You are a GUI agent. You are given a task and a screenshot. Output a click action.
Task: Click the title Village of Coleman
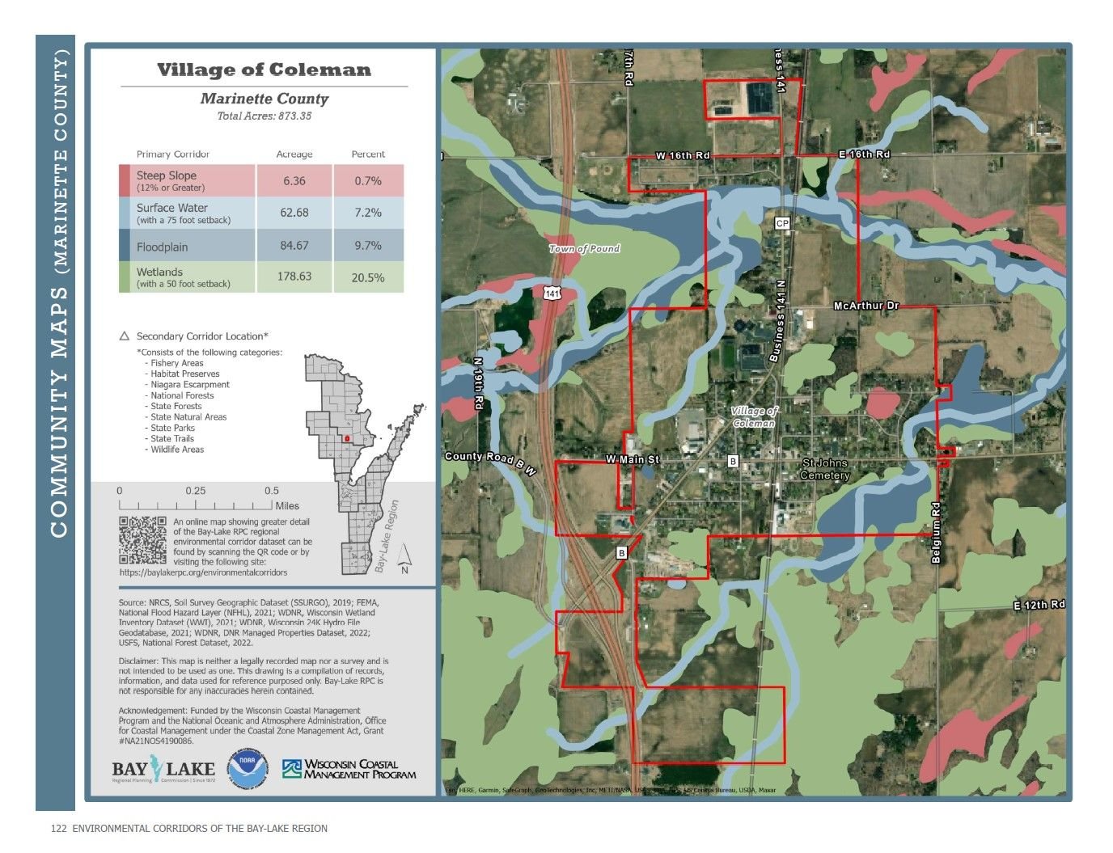pos(264,70)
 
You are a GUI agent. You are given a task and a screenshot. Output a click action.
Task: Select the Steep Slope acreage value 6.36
pos(294,181)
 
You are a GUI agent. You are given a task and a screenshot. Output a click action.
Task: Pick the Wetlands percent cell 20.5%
pos(368,277)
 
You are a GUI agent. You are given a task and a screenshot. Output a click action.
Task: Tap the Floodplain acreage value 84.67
pos(294,246)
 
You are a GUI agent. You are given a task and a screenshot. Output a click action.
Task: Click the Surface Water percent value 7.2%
pos(368,213)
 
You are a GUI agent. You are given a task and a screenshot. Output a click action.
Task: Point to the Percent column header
pos(368,154)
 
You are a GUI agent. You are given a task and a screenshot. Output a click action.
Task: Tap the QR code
pos(143,540)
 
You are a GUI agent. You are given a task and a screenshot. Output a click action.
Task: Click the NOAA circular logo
pos(247,769)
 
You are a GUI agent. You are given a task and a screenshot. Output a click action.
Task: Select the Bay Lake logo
pos(163,771)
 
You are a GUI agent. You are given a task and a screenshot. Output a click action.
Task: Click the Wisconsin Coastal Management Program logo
pos(349,769)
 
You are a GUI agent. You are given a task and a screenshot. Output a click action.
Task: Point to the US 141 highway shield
pos(551,293)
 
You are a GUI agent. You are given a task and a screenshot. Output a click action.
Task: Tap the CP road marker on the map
pos(782,223)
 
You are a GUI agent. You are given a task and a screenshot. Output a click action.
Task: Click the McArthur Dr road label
pos(866,306)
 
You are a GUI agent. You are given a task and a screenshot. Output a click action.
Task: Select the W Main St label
pos(633,459)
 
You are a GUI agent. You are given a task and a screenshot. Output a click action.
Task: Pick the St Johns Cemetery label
pos(825,469)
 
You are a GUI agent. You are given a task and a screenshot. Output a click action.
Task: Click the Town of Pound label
pos(584,248)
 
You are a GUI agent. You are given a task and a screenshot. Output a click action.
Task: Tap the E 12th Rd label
pos(1039,605)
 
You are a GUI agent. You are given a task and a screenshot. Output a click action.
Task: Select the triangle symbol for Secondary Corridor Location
pos(125,336)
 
